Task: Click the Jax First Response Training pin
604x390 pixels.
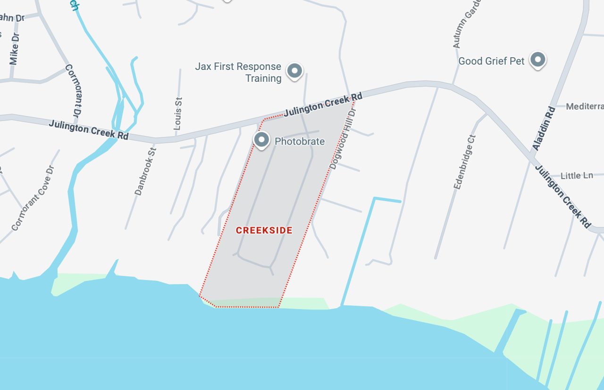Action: tap(295, 71)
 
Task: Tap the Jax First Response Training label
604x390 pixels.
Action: tap(238, 72)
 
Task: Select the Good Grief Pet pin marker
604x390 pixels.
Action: tap(537, 60)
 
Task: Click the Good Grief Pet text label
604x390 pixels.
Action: tap(491, 61)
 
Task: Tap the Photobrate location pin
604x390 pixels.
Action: tap(261, 139)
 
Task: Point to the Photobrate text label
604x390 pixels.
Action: tap(300, 141)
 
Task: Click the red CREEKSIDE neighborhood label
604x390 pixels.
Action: tap(264, 231)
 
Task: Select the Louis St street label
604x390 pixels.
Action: tap(178, 114)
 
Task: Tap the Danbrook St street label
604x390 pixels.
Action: tap(145, 171)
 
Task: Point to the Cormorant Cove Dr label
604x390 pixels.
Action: tap(33, 198)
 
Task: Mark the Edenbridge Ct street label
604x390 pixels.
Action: tap(465, 162)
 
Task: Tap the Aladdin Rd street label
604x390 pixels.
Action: tap(544, 128)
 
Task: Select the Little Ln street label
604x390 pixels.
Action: tap(577, 175)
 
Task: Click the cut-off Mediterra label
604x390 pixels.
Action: tap(585, 106)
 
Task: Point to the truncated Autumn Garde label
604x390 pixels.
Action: tap(467, 24)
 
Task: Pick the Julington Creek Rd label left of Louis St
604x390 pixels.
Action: tap(89, 130)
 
